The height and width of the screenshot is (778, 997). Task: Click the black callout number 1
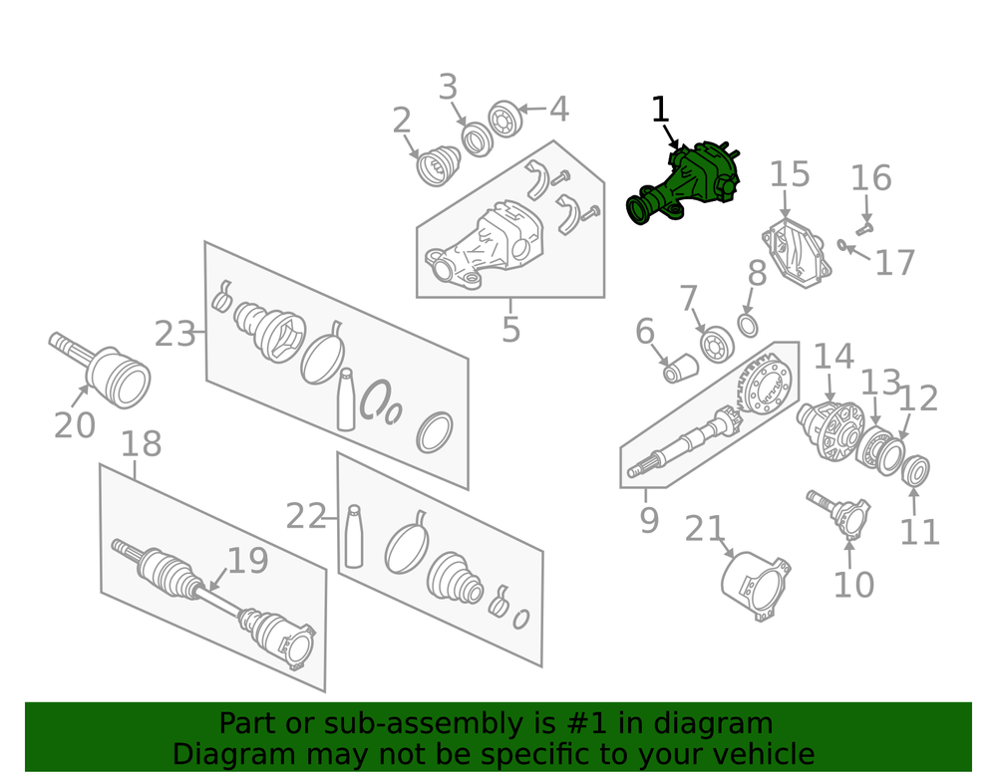click(x=661, y=110)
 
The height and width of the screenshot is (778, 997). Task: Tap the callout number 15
click(x=790, y=174)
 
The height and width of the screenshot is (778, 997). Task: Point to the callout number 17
click(x=894, y=262)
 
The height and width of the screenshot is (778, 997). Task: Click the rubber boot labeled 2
click(x=438, y=165)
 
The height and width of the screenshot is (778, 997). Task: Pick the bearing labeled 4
click(x=505, y=119)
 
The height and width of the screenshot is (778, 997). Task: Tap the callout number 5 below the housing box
click(x=510, y=329)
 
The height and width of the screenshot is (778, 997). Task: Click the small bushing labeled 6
click(x=680, y=369)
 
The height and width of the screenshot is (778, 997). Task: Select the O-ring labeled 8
click(x=748, y=325)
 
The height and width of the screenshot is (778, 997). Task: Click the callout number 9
click(x=649, y=520)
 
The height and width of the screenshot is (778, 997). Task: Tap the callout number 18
click(x=141, y=444)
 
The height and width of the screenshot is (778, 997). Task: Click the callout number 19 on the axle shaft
click(x=247, y=560)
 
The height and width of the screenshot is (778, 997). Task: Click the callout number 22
click(x=306, y=516)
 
